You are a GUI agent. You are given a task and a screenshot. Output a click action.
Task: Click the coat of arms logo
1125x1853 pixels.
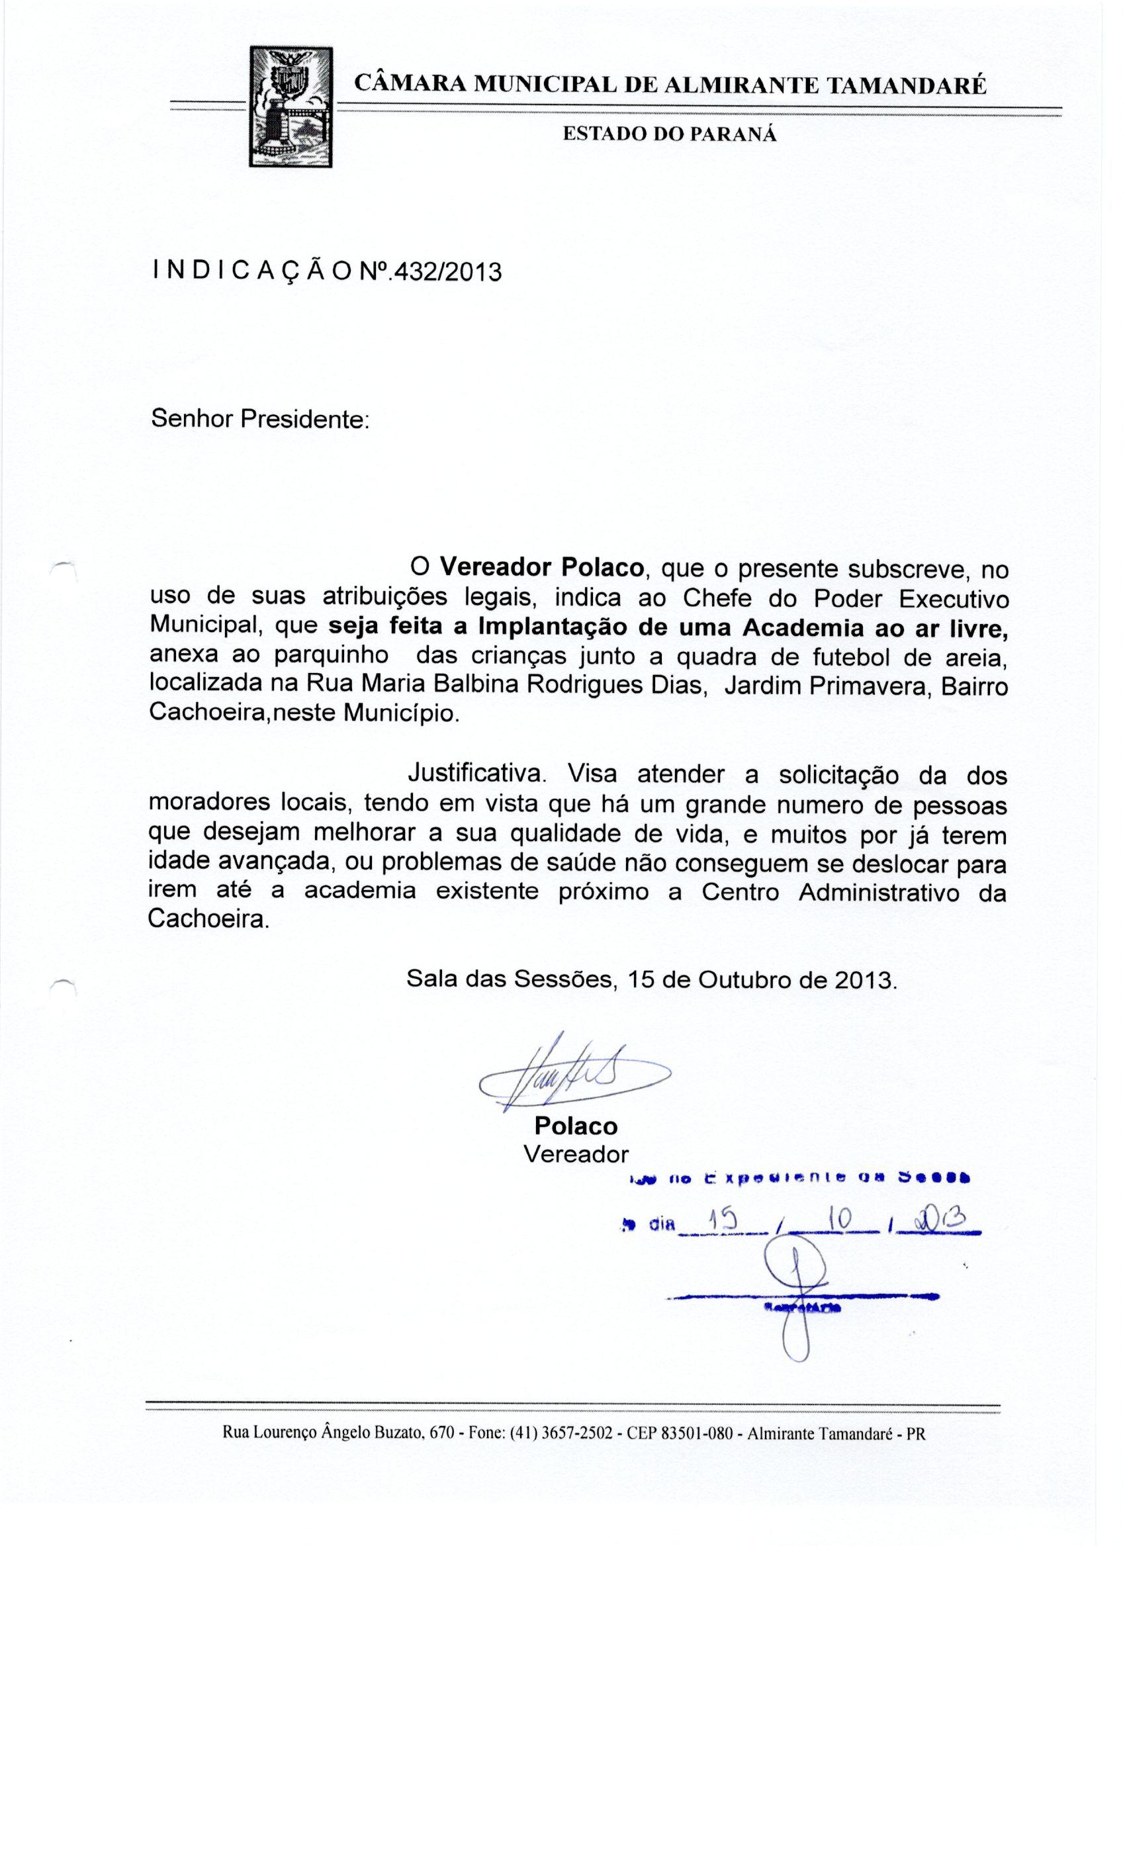click(291, 105)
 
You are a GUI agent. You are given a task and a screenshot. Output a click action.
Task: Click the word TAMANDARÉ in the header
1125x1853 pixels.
click(906, 85)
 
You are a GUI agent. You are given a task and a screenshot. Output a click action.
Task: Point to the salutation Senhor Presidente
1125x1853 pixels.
click(260, 418)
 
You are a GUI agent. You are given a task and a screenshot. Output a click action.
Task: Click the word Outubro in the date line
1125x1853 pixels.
click(745, 979)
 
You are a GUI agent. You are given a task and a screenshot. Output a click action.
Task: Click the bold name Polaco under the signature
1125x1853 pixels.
click(575, 1126)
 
